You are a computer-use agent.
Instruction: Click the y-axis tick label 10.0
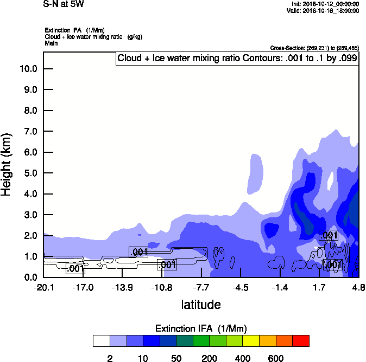point(28,69)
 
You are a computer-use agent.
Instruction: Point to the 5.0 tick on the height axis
point(30,173)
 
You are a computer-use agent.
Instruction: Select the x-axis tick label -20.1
point(43,287)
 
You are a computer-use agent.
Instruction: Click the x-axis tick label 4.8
point(358,287)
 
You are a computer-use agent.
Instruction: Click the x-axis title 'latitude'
point(201,305)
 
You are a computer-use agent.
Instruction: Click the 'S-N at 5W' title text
point(64,4)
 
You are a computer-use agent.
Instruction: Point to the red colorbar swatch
point(301,341)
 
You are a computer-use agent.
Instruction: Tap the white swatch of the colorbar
point(102,341)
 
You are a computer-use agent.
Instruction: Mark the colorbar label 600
point(276,358)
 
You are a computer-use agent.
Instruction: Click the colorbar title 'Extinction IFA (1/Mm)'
point(201,328)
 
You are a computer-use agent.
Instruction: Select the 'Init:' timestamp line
point(325,4)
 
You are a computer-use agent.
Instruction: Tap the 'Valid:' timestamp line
point(324,10)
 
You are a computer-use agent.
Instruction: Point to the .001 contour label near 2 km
point(329,235)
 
